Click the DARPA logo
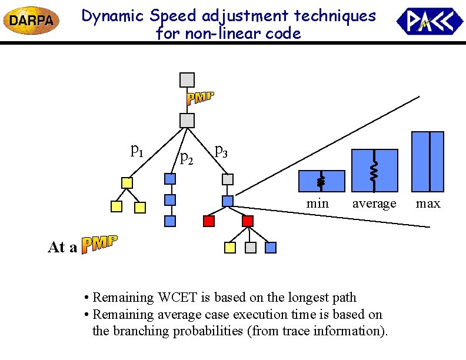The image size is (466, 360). [31, 21]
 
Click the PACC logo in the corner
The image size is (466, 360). [430, 22]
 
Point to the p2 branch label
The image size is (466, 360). [187, 157]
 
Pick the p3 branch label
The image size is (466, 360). [221, 151]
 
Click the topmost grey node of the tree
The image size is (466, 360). [187, 79]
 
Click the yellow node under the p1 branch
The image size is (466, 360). [127, 183]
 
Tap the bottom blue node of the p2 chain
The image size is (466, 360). [170, 221]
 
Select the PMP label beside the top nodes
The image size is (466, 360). [200, 98]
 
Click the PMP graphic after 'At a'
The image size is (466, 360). [99, 244]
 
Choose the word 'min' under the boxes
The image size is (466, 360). [318, 204]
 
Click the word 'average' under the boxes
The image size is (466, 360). [374, 204]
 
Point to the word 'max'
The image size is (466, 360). [428, 204]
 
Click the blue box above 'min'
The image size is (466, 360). [322, 181]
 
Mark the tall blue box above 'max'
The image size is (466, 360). [428, 161]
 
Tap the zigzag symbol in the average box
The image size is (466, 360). [374, 171]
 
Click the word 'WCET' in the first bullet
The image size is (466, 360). [172, 298]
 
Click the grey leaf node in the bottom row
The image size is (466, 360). [251, 248]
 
